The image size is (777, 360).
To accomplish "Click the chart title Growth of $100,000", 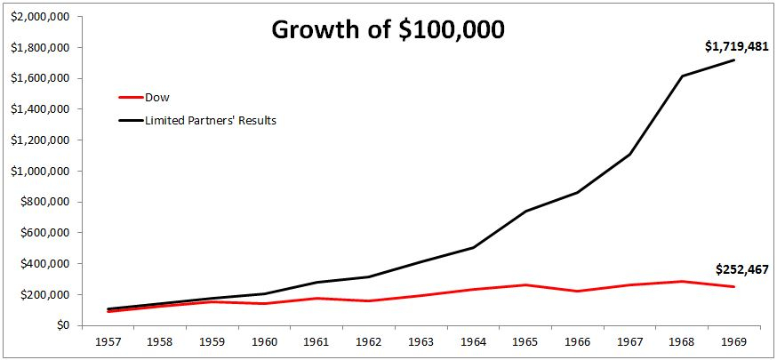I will pos(388,29).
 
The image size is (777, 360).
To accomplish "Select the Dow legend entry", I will pos(156,99).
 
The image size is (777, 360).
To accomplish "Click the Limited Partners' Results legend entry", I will pos(211,120).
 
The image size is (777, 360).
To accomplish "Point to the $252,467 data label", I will pos(741,269).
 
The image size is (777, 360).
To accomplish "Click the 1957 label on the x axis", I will pos(108,340).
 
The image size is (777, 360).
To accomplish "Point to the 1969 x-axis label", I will pos(733,340).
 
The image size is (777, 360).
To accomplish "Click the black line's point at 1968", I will pos(681,76).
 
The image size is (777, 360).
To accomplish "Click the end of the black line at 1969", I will pos(733,60).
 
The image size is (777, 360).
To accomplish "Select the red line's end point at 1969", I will pos(733,286).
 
